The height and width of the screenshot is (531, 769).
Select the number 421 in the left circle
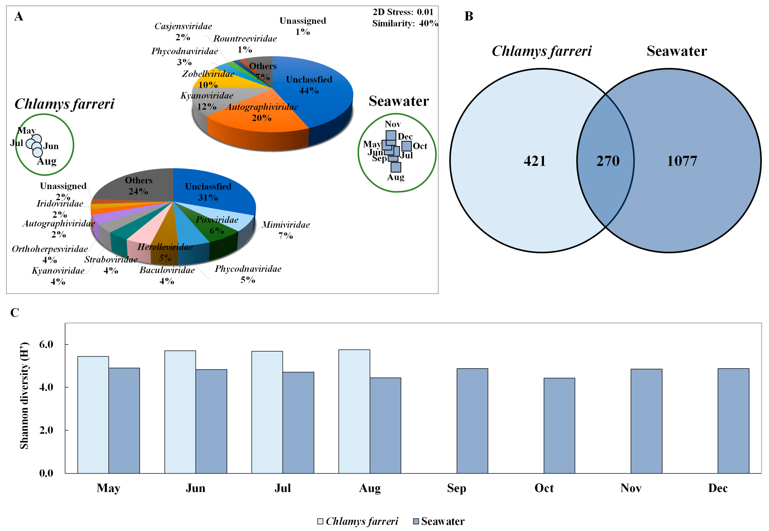tap(535, 161)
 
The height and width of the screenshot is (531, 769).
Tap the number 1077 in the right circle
tap(682, 161)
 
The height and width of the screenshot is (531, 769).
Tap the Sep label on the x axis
tap(456, 488)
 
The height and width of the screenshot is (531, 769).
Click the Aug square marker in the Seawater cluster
tap(395, 167)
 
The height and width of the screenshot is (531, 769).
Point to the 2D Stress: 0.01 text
tap(403, 12)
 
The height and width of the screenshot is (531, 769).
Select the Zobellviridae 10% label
tap(208, 79)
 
